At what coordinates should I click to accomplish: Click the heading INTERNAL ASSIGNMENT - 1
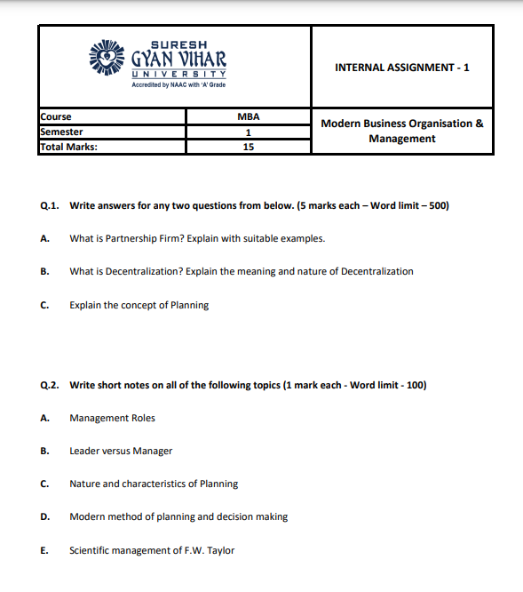click(x=402, y=68)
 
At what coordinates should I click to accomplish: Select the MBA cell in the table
click(x=248, y=116)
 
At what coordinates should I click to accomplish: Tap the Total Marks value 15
click(x=248, y=148)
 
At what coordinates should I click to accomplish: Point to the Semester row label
click(x=61, y=132)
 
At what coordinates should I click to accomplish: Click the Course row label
click(x=56, y=116)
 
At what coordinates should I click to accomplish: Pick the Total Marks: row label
click(x=69, y=148)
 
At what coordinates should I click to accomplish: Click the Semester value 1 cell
click(x=248, y=132)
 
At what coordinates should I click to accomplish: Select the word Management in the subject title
click(x=402, y=139)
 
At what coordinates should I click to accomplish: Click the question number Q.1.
click(x=50, y=205)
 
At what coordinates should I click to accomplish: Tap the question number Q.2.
click(x=50, y=385)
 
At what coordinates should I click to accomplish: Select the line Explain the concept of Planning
click(x=139, y=305)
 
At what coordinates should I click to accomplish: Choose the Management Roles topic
click(x=112, y=418)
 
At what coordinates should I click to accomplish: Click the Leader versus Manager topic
click(x=121, y=451)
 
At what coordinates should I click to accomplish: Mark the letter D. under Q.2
click(x=44, y=516)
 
